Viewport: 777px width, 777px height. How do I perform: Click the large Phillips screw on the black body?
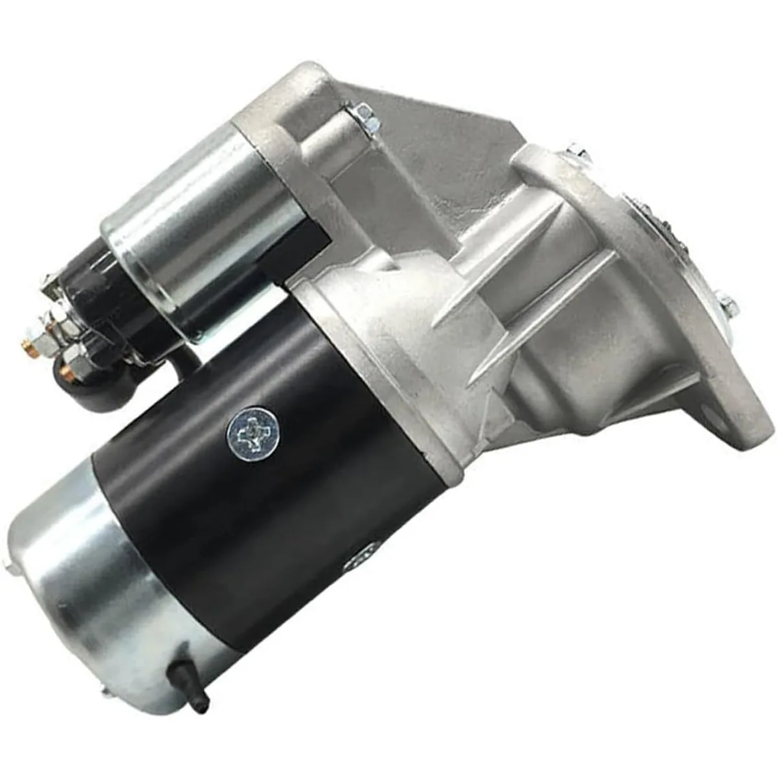pos(253,430)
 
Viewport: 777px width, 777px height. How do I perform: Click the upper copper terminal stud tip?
pos(29,337)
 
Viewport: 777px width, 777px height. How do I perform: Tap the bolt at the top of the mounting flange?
pos(578,154)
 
